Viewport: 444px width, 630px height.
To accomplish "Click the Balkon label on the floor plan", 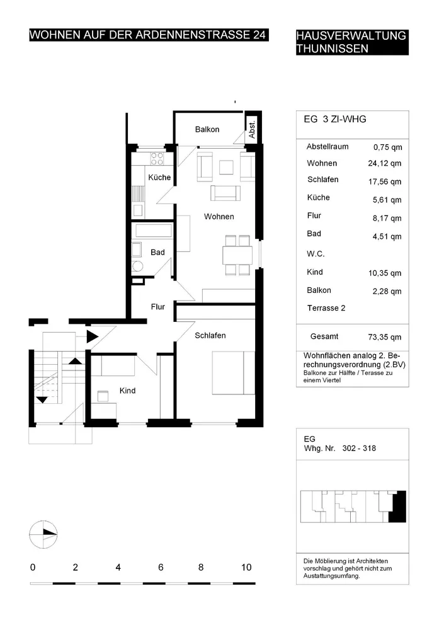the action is click(x=207, y=129).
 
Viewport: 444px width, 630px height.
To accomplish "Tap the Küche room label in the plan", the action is click(x=159, y=177).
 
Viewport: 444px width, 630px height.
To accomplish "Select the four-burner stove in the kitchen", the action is click(x=157, y=158).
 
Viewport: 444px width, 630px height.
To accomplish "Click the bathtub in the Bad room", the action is click(x=154, y=231).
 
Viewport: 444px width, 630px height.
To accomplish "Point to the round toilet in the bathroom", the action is click(x=137, y=266).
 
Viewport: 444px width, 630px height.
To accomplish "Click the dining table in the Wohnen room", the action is click(x=237, y=255).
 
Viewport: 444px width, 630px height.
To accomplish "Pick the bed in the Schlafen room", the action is click(x=234, y=373).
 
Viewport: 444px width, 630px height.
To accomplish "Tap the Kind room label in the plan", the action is click(x=127, y=391).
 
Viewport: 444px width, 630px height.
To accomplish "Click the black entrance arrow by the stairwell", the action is click(x=93, y=336).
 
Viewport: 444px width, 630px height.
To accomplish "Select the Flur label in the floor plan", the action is click(x=158, y=307).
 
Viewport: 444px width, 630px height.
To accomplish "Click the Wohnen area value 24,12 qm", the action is click(x=385, y=164).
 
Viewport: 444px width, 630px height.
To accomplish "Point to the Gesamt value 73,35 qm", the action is click(x=385, y=337).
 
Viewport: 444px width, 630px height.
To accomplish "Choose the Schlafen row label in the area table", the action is click(x=322, y=180).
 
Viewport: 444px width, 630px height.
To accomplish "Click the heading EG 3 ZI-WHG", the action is click(x=335, y=119).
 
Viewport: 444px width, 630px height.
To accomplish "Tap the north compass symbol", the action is click(x=43, y=534).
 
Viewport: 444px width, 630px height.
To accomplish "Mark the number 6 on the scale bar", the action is click(x=161, y=568).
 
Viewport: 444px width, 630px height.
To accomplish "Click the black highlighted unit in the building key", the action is click(x=399, y=507).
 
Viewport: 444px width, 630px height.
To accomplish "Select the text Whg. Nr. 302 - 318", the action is click(x=340, y=449).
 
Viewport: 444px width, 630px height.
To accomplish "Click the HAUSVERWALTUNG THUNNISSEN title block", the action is click(x=352, y=42).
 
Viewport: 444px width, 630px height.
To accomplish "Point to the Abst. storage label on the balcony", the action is click(x=252, y=130).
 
